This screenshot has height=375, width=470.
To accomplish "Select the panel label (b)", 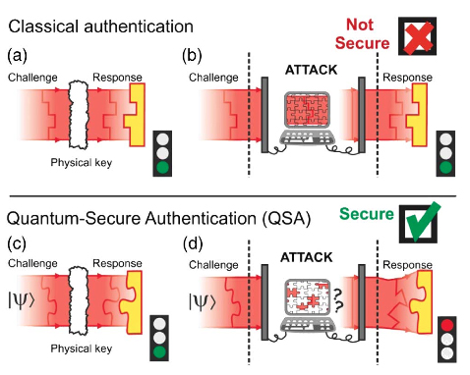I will pyautogui.click(x=193, y=53).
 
